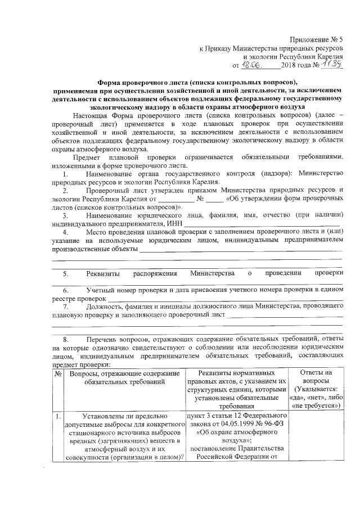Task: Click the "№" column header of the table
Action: (58, 373)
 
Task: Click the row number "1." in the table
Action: (58, 417)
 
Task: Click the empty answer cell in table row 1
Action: (318, 439)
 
